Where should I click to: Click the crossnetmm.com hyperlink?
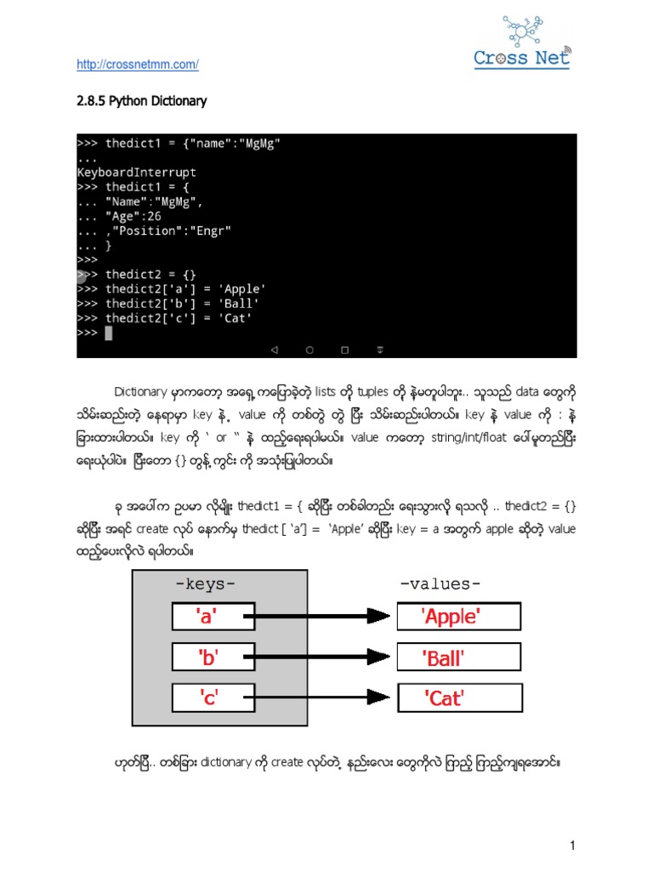tap(137, 65)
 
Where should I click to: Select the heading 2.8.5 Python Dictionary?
tap(142, 101)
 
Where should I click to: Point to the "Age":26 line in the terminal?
tap(140, 215)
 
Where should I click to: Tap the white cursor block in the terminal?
tap(108, 333)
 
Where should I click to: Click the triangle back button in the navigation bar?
tap(275, 349)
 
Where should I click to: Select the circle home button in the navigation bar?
tap(309, 349)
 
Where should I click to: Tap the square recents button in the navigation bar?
tap(344, 349)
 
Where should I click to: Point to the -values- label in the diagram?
tap(440, 584)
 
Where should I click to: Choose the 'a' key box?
tap(208, 616)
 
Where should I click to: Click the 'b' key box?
tap(208, 657)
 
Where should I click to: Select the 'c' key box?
tap(208, 697)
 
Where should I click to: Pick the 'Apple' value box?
tap(458, 616)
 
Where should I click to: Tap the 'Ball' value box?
tap(458, 657)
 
